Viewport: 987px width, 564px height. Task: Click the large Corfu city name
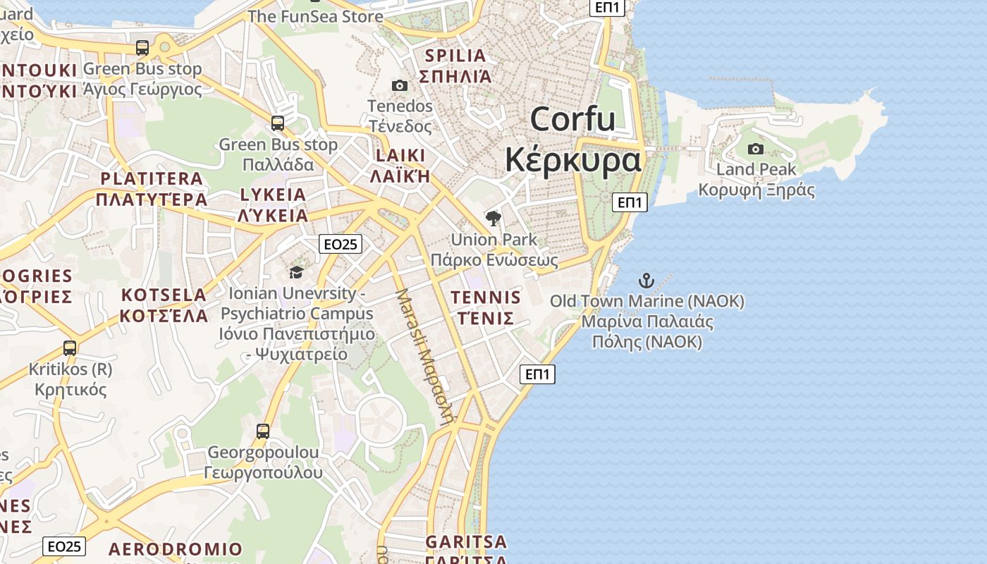click(572, 120)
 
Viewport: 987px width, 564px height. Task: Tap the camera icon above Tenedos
click(400, 86)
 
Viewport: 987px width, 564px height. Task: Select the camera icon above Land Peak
click(756, 149)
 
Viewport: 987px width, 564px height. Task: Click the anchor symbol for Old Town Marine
click(646, 280)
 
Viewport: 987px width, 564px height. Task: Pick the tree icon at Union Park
click(493, 218)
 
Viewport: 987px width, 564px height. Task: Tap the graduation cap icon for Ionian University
click(296, 272)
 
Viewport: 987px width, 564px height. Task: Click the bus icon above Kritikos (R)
click(69, 348)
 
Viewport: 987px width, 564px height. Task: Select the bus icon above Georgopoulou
click(263, 431)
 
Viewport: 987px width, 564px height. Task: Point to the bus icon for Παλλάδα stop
click(278, 123)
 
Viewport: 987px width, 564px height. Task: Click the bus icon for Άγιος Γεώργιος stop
click(142, 48)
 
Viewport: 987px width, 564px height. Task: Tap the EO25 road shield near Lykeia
click(340, 244)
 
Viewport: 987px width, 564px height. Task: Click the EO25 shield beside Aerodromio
click(64, 546)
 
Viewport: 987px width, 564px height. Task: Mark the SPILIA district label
click(455, 56)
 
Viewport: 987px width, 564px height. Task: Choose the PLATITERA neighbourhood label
click(152, 178)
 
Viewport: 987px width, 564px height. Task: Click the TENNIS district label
click(486, 297)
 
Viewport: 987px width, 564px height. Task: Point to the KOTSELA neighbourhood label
click(163, 295)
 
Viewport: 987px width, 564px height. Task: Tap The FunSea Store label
click(315, 16)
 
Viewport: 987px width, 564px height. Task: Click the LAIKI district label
click(400, 156)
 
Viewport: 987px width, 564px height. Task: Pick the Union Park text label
click(493, 240)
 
